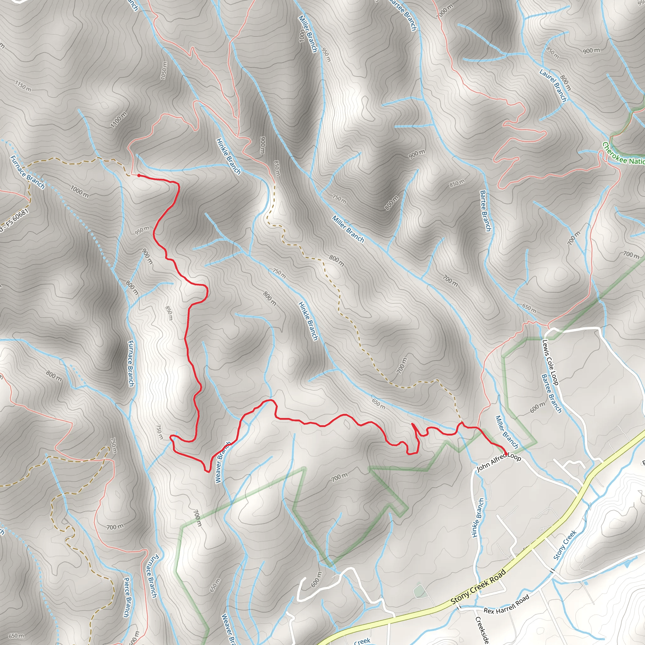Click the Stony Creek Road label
tap(479, 586)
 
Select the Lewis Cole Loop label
tap(550, 362)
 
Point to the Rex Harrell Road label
tap(506, 604)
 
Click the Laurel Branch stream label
tap(553, 85)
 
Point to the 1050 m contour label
tap(163, 70)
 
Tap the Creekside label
tap(482, 629)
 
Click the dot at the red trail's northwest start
tap(139, 175)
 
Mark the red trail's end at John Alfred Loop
tap(506, 454)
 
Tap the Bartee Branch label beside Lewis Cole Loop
tap(551, 393)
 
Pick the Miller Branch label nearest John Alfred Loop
tap(506, 432)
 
